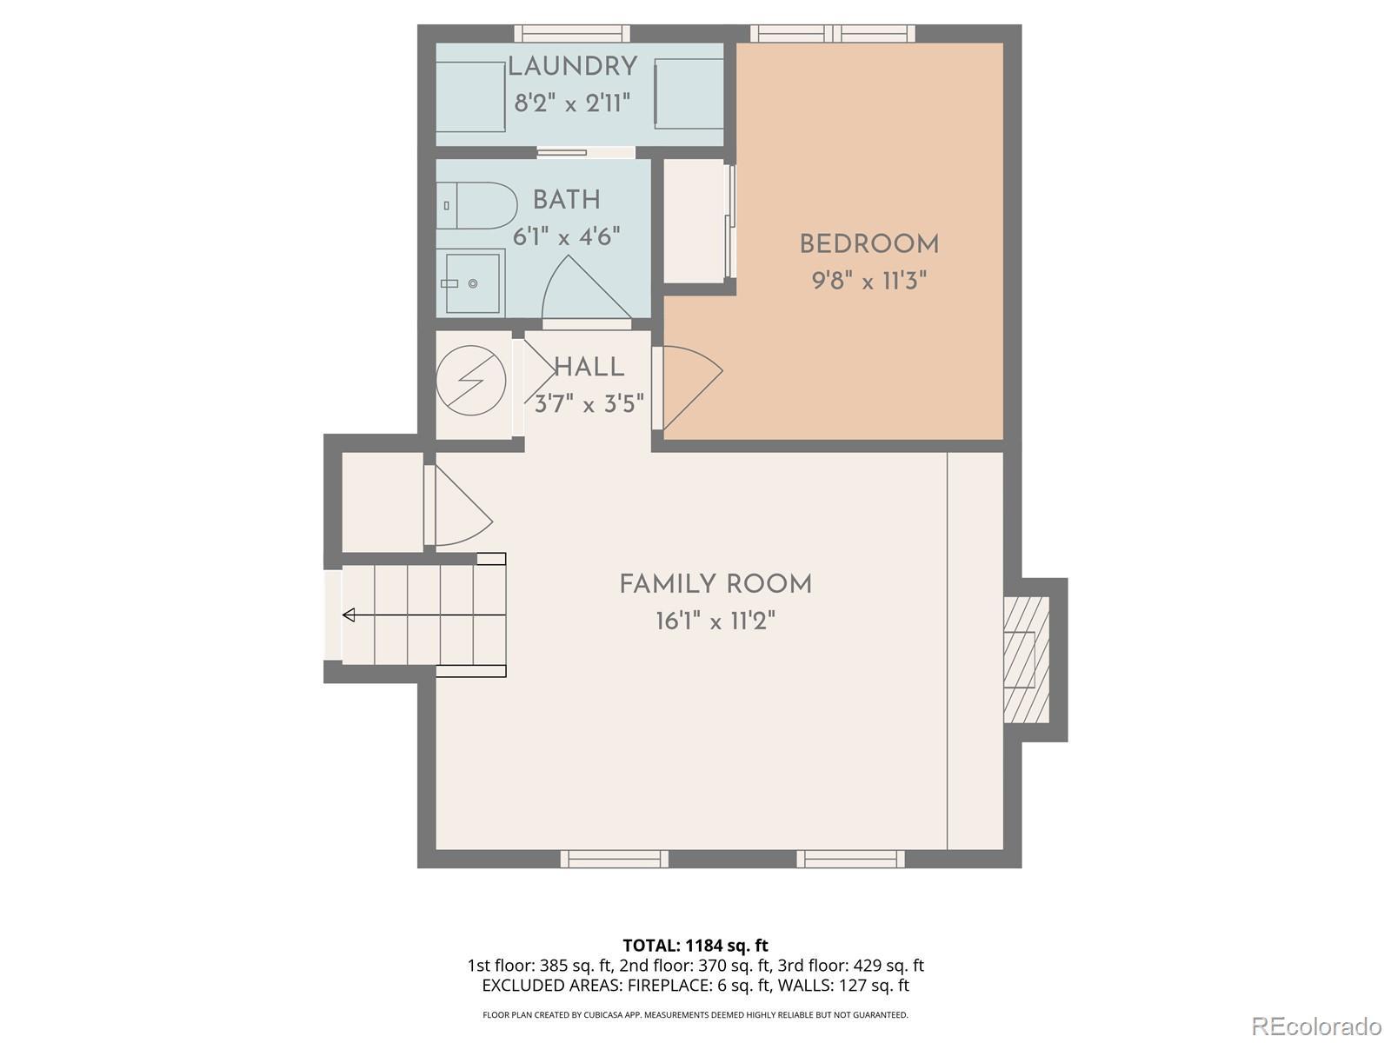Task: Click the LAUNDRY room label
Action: (572, 67)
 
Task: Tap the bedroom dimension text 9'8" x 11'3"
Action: (869, 280)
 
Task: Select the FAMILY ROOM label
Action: (715, 584)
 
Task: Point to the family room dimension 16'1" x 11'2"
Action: (715, 621)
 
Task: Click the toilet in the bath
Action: (476, 206)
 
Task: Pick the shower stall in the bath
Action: (470, 283)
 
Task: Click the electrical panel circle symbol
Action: (471, 381)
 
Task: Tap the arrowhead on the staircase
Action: (349, 615)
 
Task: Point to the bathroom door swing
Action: (586, 289)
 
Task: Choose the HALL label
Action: (589, 368)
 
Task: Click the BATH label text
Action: (567, 200)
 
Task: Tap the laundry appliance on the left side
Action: (470, 96)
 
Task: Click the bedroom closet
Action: (695, 222)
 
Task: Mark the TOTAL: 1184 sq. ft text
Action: (695, 946)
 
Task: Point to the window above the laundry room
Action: (571, 33)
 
